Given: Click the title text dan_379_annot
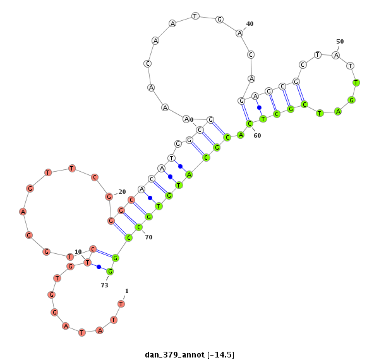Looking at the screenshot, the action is click(x=174, y=355).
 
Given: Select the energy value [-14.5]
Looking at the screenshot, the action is click(x=221, y=355).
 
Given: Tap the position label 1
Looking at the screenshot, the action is click(x=127, y=291).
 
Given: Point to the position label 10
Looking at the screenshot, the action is click(x=78, y=252).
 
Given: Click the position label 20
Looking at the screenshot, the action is click(x=122, y=192).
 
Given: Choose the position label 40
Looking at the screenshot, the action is click(x=250, y=23).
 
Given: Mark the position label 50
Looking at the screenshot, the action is click(x=340, y=42).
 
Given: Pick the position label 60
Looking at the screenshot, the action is click(x=257, y=136).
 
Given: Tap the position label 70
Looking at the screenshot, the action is click(x=148, y=237).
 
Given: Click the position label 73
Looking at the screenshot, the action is click(x=104, y=285).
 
